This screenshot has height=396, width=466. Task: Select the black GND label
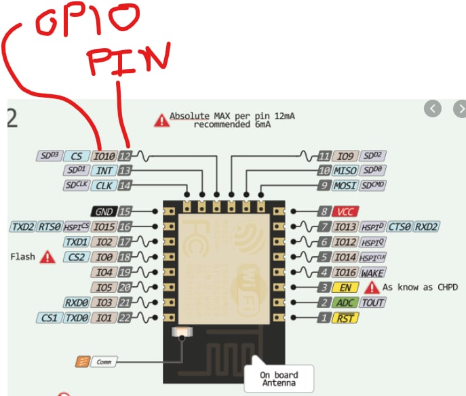click(x=104, y=212)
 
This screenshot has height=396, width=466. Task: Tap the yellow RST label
click(x=344, y=317)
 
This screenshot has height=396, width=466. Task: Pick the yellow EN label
click(x=344, y=288)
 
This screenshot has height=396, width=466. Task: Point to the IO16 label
click(x=345, y=273)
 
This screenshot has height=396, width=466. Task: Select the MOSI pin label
click(x=345, y=185)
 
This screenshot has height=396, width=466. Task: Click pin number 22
click(x=125, y=317)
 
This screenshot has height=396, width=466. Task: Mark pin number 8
click(x=324, y=212)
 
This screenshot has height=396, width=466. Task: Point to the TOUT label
click(x=372, y=302)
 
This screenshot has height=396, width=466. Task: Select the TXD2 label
click(x=22, y=226)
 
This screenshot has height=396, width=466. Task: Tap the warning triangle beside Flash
click(x=47, y=256)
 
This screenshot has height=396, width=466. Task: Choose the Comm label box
click(x=102, y=362)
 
